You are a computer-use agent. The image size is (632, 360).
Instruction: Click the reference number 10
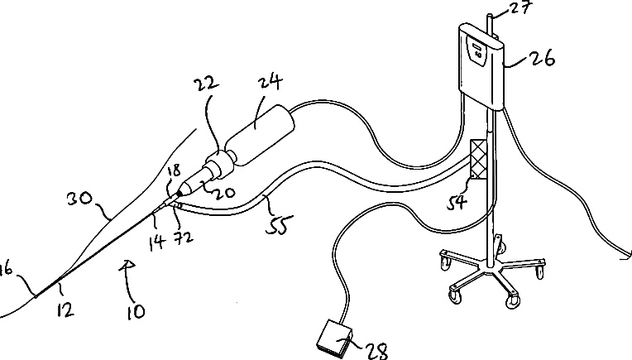point(135,311)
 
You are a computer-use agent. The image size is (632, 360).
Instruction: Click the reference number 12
point(65,310)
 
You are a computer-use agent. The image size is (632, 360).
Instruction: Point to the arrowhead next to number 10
point(126,263)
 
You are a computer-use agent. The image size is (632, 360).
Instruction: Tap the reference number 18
point(173,171)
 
